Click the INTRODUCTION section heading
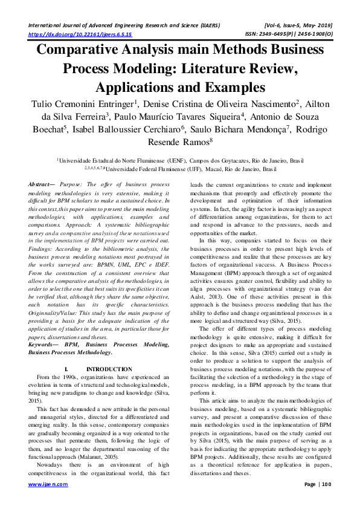109,369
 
